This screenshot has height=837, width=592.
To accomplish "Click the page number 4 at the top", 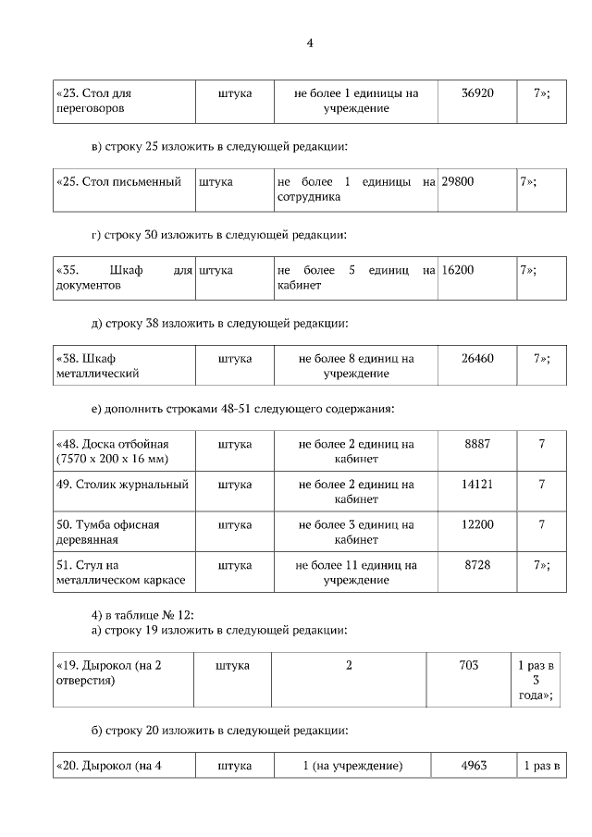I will coord(311,43).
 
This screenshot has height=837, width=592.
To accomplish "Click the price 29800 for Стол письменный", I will coord(458,182).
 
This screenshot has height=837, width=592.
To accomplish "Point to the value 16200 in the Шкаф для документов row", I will coord(458,270).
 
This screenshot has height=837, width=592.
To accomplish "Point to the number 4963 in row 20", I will coord(473,766).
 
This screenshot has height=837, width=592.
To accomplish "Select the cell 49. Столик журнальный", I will coord(122,485).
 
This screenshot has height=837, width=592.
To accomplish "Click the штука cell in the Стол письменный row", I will coord(216,182).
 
